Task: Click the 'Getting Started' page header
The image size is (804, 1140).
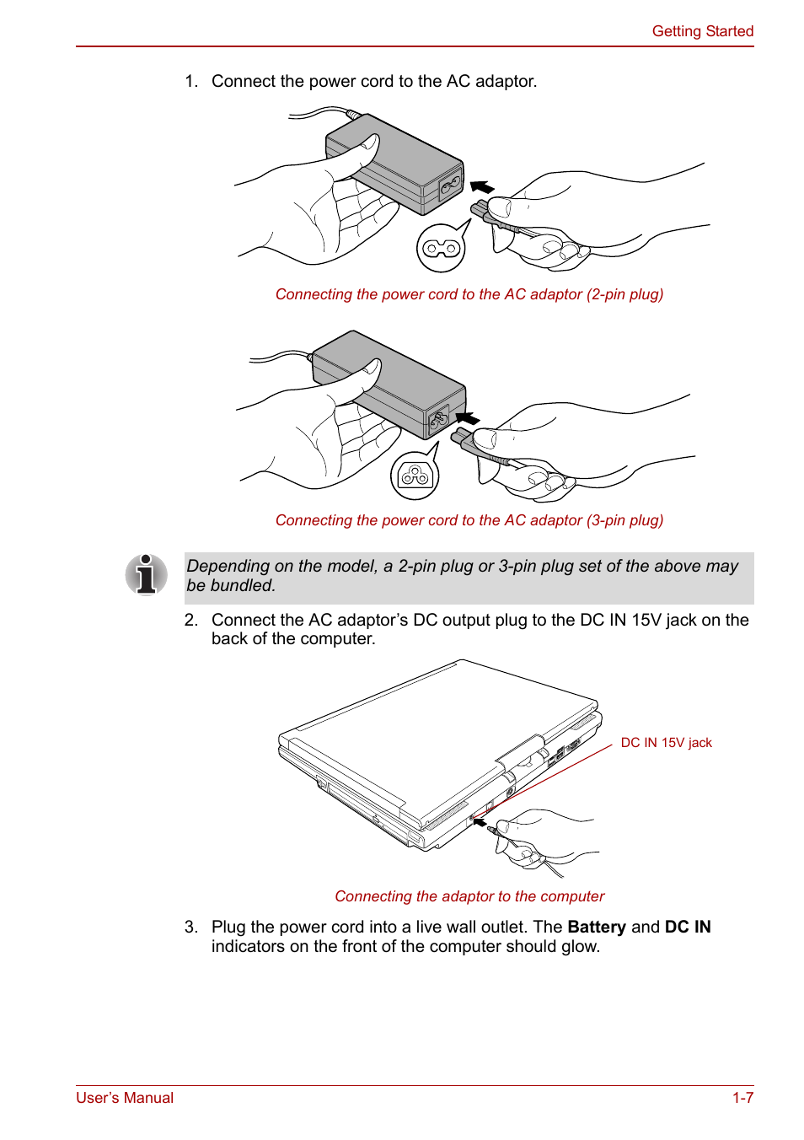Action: [x=702, y=31]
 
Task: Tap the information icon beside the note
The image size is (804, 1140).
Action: [x=147, y=575]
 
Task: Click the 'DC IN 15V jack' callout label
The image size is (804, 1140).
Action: [x=666, y=743]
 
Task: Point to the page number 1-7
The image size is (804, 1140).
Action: [x=742, y=1098]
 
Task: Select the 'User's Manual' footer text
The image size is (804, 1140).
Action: [x=125, y=1098]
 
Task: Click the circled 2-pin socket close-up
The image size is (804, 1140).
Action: [x=441, y=248]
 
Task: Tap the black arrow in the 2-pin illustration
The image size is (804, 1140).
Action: [x=482, y=186]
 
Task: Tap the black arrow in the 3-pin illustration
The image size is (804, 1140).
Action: [x=467, y=417]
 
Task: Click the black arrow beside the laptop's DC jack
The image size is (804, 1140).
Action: [x=479, y=821]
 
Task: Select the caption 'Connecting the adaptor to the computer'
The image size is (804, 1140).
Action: [x=469, y=896]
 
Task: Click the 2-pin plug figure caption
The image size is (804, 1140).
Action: [x=469, y=294]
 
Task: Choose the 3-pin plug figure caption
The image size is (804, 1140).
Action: [x=469, y=520]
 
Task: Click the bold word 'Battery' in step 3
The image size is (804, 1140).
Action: [x=597, y=927]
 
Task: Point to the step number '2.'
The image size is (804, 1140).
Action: [x=191, y=620]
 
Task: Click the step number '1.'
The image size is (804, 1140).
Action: [x=191, y=81]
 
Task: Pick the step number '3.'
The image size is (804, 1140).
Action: [x=191, y=927]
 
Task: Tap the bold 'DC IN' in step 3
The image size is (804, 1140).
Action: [x=688, y=927]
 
